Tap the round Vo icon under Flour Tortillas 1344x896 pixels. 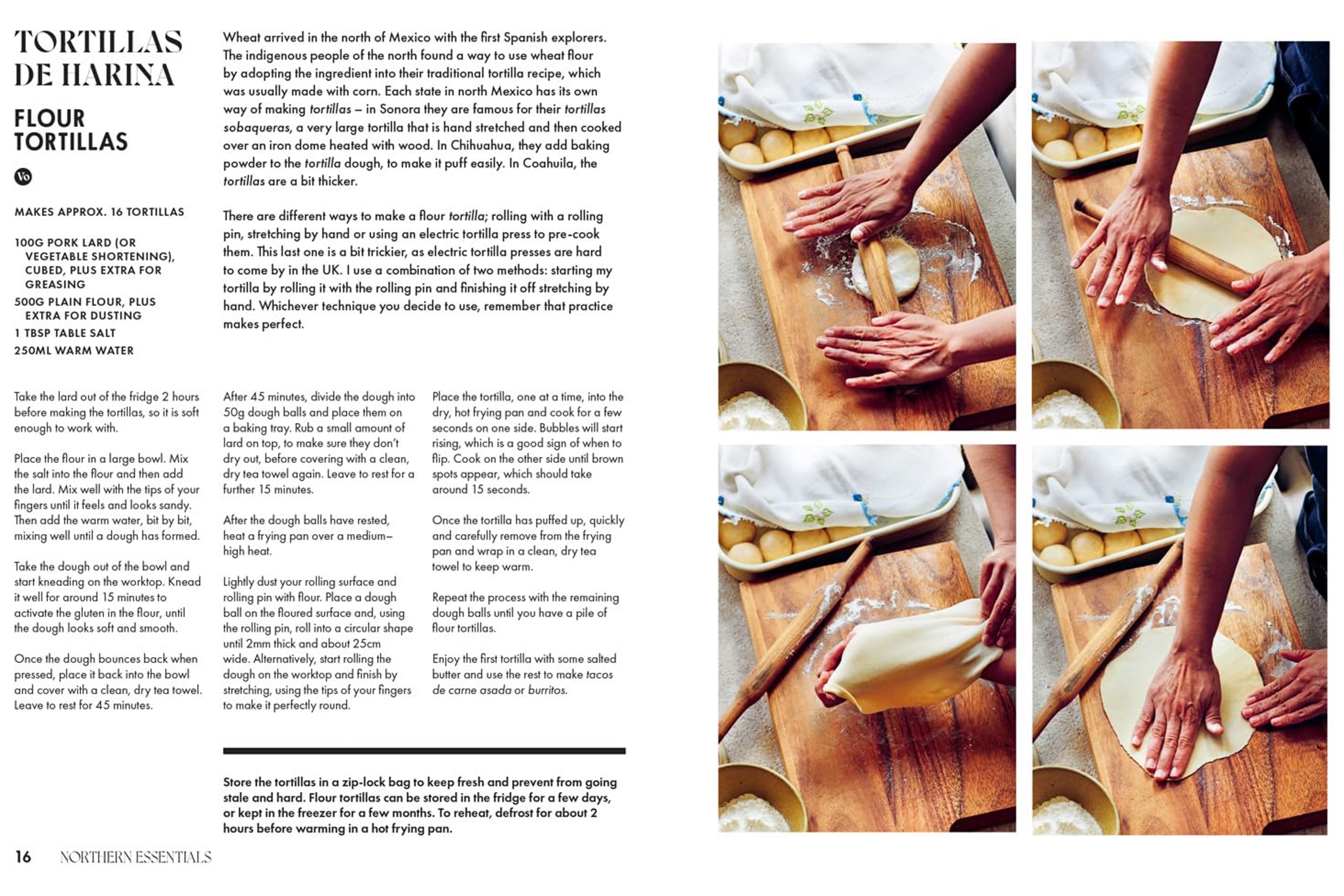coord(23,177)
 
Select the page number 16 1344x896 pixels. coord(23,857)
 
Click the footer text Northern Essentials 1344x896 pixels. coord(135,857)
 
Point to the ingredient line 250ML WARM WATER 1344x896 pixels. coord(74,351)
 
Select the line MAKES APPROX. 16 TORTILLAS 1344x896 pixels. coord(99,212)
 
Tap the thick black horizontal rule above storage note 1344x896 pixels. coord(424,751)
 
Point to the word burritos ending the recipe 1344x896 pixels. coord(547,690)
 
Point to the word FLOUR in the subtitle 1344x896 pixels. coord(49,119)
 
